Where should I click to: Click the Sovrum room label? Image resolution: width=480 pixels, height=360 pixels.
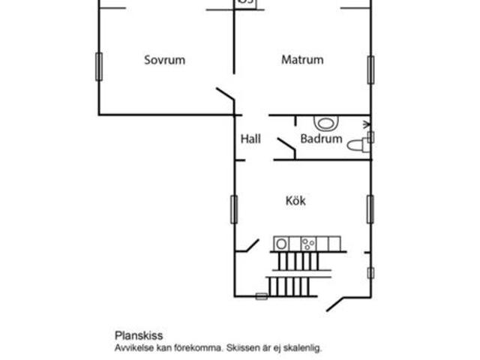[x=165, y=60]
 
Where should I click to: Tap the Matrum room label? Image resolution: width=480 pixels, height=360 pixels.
[x=302, y=59]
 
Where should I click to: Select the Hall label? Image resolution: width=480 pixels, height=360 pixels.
[x=250, y=139]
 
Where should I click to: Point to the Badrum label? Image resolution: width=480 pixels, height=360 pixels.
[x=322, y=139]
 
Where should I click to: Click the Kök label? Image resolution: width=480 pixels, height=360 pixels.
[x=295, y=201]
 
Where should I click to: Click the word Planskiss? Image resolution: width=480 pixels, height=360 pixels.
[x=139, y=335]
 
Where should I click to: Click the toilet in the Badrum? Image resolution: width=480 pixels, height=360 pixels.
[x=358, y=145]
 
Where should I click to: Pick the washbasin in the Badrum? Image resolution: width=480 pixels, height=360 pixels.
[x=325, y=123]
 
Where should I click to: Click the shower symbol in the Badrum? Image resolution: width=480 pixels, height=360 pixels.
[x=367, y=124]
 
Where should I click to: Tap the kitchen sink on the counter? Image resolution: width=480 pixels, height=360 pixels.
[x=281, y=244]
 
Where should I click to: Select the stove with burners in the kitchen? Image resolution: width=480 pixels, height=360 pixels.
[x=308, y=244]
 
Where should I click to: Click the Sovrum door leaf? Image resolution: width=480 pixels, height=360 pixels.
[x=225, y=94]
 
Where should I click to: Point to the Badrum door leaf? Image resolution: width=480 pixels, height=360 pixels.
[x=286, y=144]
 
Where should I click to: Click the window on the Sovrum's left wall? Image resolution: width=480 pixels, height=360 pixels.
[x=99, y=67]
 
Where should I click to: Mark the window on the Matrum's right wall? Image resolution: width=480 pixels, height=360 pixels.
[x=370, y=70]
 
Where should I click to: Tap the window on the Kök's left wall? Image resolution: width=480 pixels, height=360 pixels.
[x=234, y=209]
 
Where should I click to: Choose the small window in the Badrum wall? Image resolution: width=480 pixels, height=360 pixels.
[x=370, y=137]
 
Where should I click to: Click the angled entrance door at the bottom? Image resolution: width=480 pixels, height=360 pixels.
[x=335, y=304]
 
